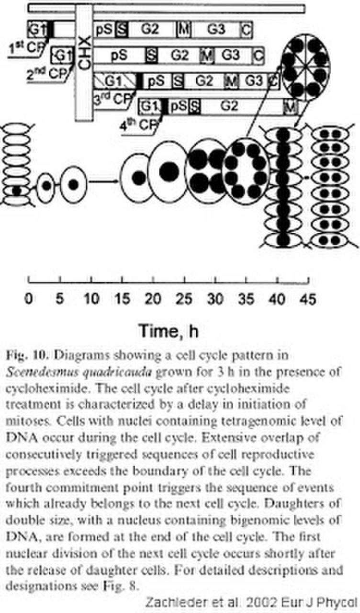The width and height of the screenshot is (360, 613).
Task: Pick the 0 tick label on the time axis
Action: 29,300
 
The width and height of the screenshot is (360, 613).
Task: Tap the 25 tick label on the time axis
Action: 184,300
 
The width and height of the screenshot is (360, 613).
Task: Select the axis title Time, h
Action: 169,330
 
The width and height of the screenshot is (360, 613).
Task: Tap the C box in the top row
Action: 246,30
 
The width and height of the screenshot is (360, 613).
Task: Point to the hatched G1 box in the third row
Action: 115,80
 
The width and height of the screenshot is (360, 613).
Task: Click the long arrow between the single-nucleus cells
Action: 103,182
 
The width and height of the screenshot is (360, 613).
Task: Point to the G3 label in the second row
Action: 231,56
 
